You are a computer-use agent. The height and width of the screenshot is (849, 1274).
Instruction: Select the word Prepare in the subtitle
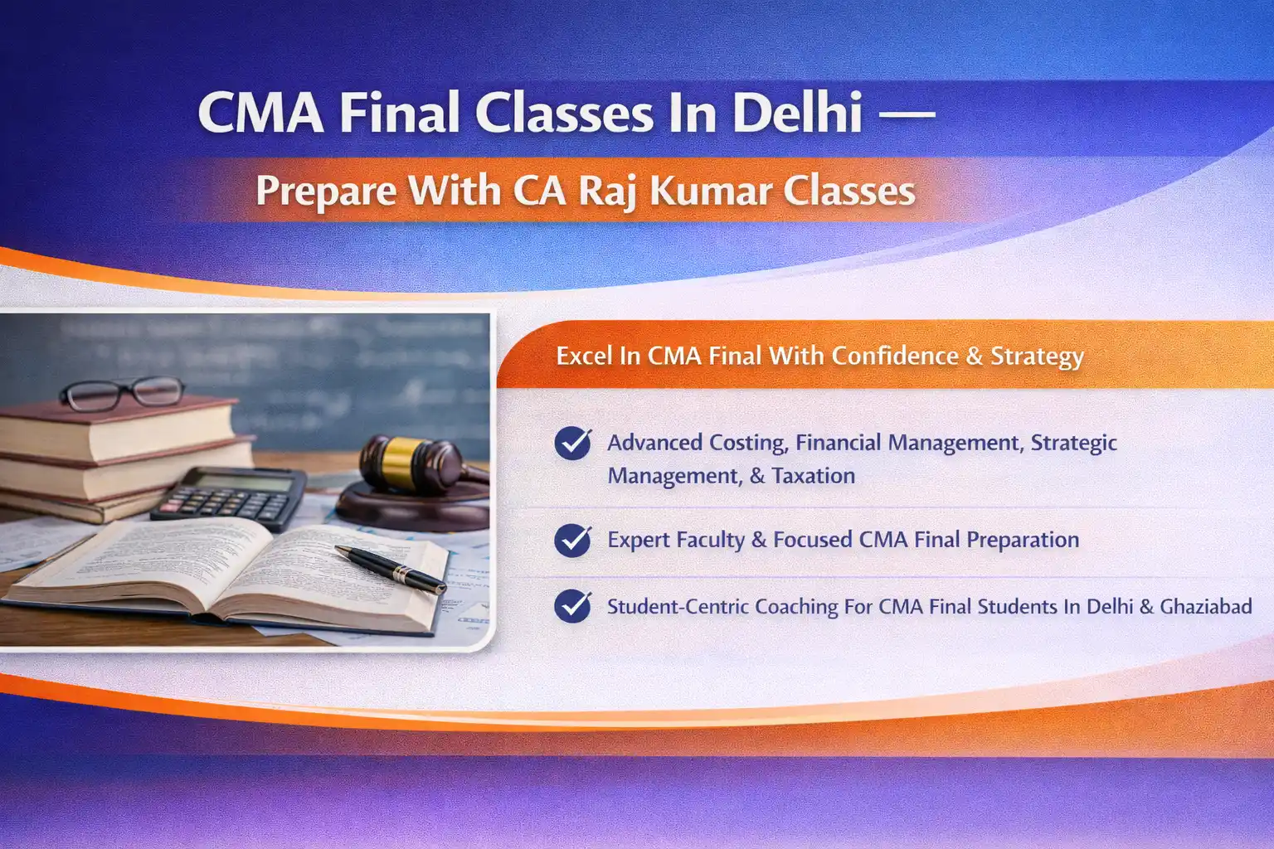326,191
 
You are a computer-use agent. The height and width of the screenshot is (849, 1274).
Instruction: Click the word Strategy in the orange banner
1037,356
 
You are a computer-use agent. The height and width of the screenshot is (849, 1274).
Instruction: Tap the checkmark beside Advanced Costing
573,443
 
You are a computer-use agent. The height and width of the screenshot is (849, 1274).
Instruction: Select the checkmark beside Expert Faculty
573,540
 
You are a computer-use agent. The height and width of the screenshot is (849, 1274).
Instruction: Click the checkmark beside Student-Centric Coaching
573,606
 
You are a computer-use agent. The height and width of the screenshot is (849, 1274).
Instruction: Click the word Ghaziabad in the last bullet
1205,606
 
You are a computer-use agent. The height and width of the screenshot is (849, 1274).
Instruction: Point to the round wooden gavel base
411,507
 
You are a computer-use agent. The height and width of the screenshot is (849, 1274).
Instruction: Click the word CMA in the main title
260,113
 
